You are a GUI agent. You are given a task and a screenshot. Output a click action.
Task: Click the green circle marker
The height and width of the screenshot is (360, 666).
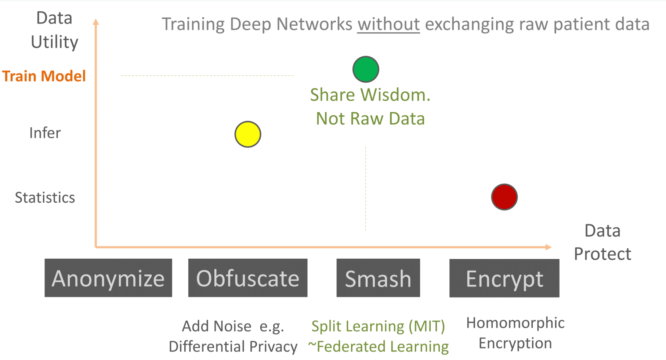(366, 69)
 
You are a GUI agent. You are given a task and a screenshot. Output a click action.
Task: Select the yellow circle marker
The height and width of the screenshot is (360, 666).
(248, 134)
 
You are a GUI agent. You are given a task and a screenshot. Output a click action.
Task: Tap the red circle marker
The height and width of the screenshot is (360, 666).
(504, 197)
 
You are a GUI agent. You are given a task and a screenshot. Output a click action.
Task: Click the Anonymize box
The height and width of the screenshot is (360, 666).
(108, 278)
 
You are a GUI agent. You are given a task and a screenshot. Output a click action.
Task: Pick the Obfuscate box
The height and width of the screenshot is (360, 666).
(248, 278)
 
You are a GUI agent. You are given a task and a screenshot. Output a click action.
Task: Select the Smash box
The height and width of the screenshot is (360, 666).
(378, 278)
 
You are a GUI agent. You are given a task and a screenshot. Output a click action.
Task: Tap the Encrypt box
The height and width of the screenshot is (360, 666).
(504, 278)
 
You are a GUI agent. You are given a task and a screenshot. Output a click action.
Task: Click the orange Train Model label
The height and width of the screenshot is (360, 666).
(44, 76)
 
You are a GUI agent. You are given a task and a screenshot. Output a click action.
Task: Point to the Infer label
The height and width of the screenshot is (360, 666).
(45, 133)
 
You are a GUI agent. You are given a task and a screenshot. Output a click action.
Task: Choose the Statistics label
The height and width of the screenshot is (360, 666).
(45, 198)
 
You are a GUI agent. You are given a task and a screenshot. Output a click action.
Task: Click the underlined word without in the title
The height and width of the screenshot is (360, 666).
(388, 24)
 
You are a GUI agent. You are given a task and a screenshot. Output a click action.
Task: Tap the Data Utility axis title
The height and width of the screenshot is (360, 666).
(54, 30)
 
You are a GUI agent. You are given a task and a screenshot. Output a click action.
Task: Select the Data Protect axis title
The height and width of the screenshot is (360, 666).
(602, 242)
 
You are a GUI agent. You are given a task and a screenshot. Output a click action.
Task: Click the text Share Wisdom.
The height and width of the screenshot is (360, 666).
(370, 95)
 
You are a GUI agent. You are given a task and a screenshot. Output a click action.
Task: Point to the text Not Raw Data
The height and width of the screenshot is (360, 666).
(370, 119)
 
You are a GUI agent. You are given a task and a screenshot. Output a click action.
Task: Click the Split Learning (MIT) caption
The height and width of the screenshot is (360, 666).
(378, 326)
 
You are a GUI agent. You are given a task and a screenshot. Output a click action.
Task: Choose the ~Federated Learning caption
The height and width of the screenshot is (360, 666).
(378, 346)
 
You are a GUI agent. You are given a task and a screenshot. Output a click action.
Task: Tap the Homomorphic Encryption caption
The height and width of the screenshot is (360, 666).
(515, 333)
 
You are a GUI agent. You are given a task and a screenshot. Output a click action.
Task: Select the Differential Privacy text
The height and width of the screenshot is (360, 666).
(233, 346)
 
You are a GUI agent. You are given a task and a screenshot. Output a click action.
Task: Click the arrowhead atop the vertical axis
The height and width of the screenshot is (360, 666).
(96, 22)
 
